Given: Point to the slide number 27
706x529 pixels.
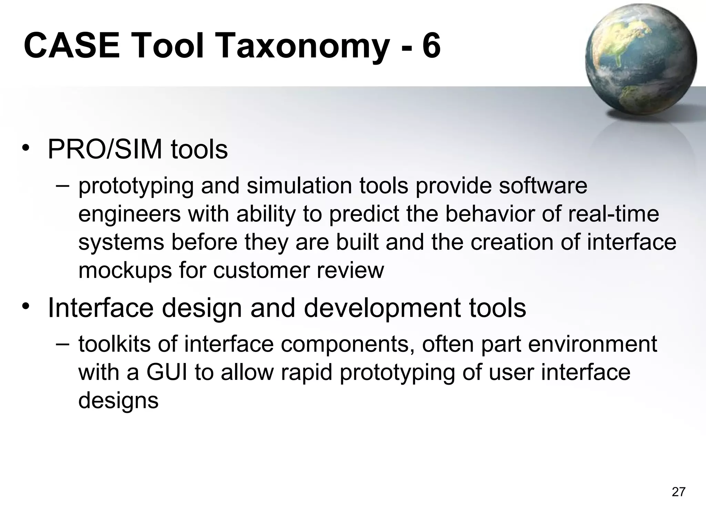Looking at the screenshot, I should pos(678,492).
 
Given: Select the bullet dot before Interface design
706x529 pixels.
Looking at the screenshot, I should pos(26,306).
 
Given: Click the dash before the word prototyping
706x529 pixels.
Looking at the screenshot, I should pos(62,186).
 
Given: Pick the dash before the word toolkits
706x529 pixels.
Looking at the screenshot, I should pos(62,344).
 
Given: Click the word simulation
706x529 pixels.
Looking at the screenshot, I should pos(300,186).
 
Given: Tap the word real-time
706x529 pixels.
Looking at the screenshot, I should pos(613,214).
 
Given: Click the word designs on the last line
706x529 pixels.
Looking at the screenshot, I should pos(118,401).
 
